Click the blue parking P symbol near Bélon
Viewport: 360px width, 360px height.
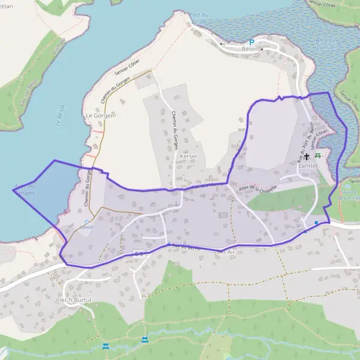pyautogui.click(x=252, y=43)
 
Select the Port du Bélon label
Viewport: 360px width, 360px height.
pyautogui.click(x=198, y=19)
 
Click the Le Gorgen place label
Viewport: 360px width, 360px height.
pyautogui.click(x=100, y=115)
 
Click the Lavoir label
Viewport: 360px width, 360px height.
pyautogui.click(x=88, y=227)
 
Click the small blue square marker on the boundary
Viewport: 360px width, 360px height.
pyautogui.click(x=316, y=223)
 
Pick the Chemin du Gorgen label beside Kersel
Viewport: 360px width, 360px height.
pyautogui.click(x=174, y=120)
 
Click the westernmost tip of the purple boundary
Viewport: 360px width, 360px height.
pyautogui.click(x=13, y=190)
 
